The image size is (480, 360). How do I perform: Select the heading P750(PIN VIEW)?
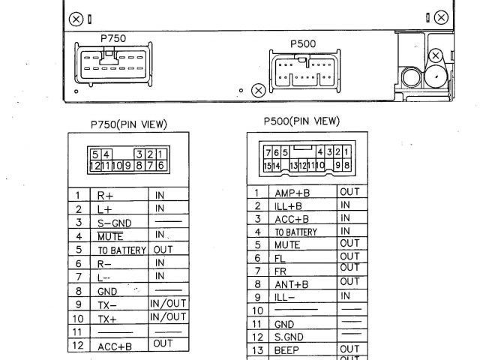pos(128,124)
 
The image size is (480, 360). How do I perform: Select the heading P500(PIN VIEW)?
pos(301,121)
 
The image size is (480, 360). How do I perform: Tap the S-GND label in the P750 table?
pos(112,223)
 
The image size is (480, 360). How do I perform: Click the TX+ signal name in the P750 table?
pos(107,318)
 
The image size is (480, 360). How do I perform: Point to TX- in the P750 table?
pos(107,304)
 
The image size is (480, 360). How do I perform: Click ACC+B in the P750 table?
pos(114,346)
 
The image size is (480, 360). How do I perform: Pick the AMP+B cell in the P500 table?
pos(292,192)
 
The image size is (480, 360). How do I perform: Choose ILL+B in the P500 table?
pos(289,205)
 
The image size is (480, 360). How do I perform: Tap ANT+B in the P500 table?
pos(291,284)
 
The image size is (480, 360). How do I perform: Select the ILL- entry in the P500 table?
pos(285,297)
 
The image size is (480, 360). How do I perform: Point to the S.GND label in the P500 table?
pos(288,337)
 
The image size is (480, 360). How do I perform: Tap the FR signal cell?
pos(280,271)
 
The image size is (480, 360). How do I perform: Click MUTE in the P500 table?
pos(286,244)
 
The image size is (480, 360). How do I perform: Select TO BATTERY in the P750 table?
pos(121,250)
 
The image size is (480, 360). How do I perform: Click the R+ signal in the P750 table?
pos(104,196)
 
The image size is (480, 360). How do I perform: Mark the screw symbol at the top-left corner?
pos(76,16)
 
